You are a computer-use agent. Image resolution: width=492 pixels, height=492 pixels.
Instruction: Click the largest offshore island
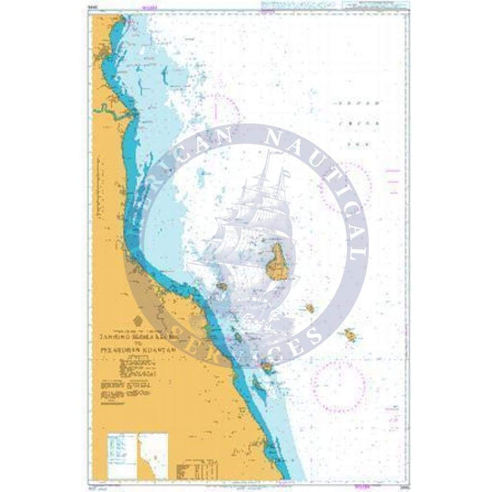pyautogui.click(x=278, y=261)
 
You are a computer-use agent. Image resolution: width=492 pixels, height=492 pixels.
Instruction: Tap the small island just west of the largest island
pyautogui.click(x=222, y=286)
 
